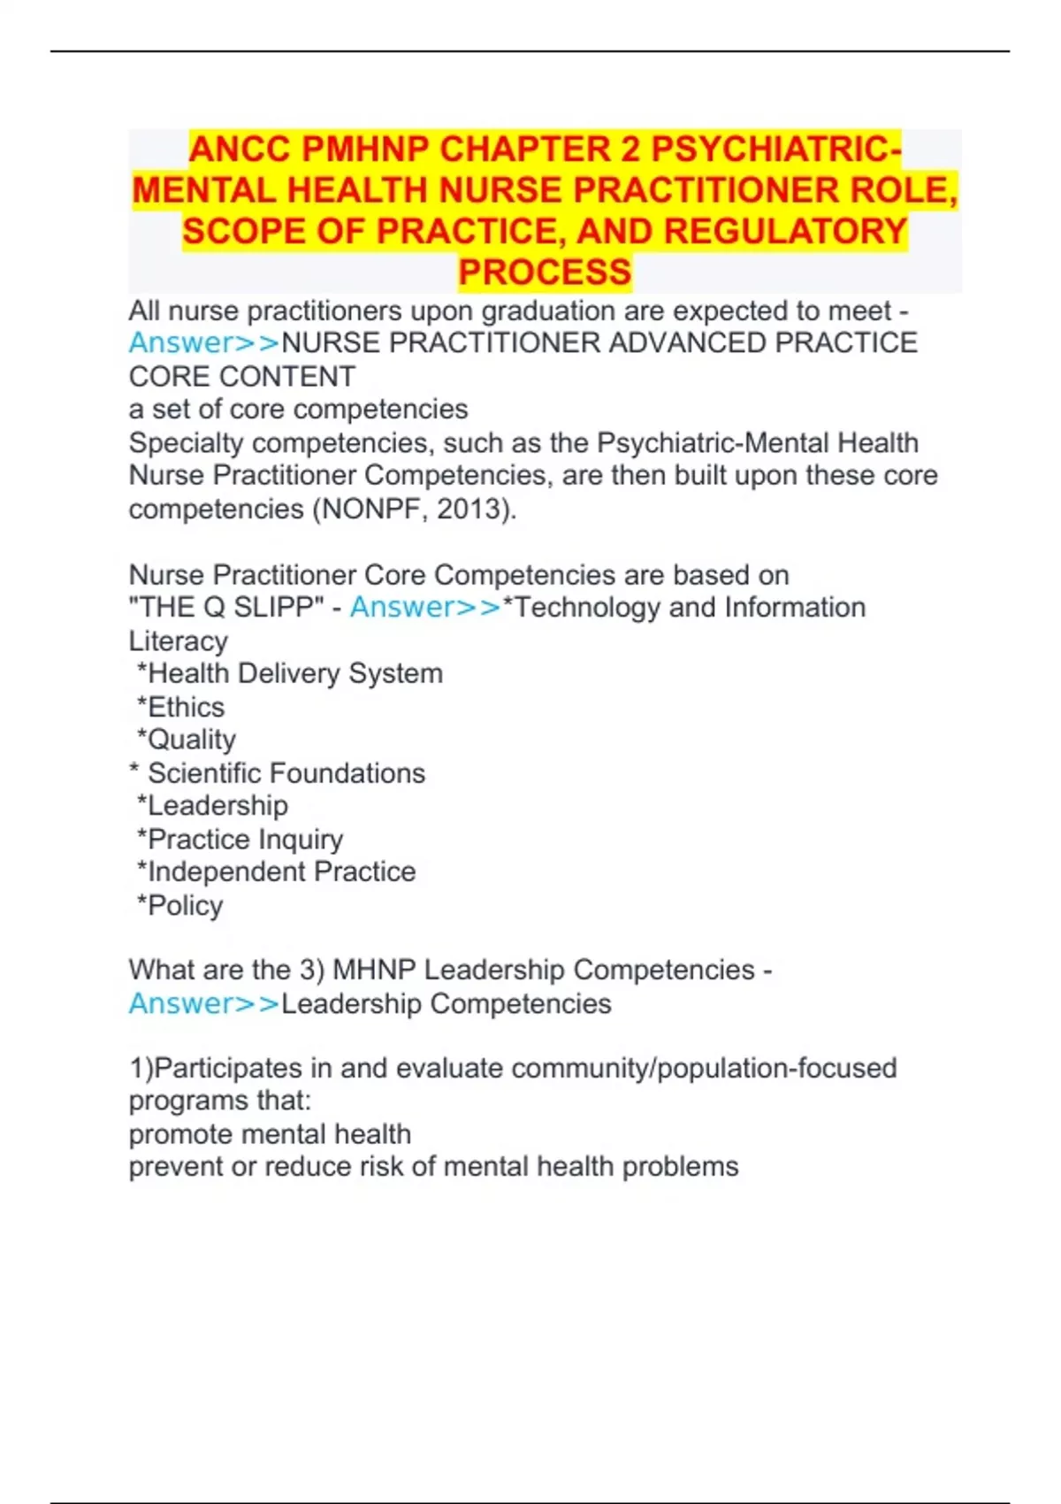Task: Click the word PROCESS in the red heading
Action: click(545, 272)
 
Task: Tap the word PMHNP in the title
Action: click(363, 150)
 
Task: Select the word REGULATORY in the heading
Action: click(785, 232)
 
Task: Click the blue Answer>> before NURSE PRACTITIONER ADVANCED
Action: click(204, 343)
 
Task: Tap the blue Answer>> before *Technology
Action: click(425, 608)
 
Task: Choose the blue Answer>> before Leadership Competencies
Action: click(204, 1004)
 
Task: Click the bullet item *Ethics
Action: click(181, 708)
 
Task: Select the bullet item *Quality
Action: click(187, 740)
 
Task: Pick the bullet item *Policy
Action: click(180, 906)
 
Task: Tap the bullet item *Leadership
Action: click(213, 806)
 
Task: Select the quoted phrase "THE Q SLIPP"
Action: click(226, 608)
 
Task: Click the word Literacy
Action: click(179, 641)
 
